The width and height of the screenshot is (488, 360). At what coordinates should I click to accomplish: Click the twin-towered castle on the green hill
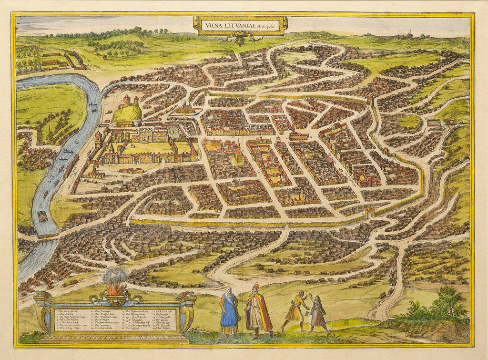pyautogui.click(x=130, y=102)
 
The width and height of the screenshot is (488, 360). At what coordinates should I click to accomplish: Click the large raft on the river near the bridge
pyautogui.click(x=42, y=216)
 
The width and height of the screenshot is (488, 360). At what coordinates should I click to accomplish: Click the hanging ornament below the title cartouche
pyautogui.click(x=240, y=38)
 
